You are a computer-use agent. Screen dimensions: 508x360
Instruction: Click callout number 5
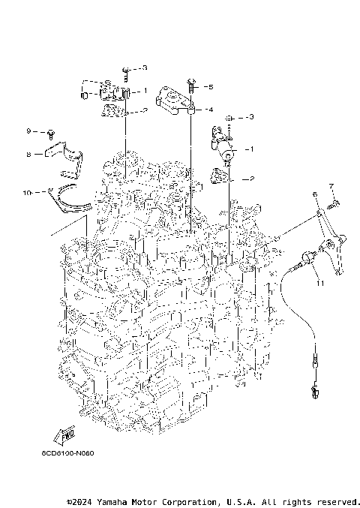[211, 87]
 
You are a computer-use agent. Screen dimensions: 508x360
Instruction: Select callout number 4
[211, 110]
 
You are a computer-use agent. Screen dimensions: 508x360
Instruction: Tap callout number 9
[28, 131]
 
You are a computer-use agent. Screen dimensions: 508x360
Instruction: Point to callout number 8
[28, 155]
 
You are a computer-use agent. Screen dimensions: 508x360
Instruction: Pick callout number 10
[27, 193]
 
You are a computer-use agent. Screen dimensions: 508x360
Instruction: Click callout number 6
[316, 195]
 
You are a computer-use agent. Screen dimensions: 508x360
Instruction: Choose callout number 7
[331, 185]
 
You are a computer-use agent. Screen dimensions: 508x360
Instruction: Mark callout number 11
[319, 283]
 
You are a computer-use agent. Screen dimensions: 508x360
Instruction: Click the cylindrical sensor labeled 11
[304, 260]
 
